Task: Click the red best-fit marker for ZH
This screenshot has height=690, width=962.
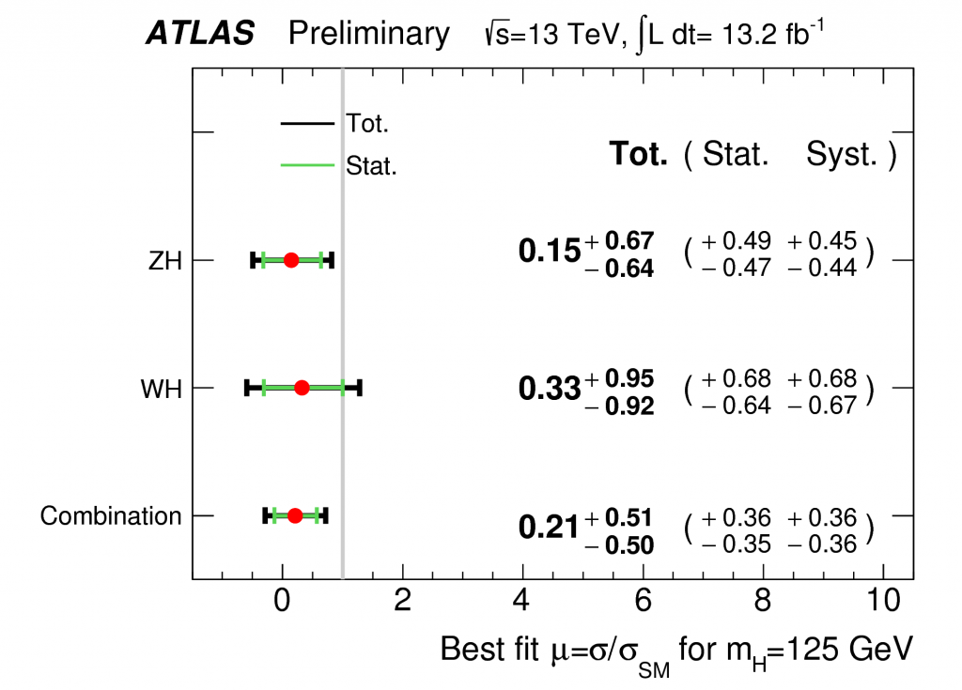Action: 291,260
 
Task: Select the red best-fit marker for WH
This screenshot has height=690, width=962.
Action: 302,388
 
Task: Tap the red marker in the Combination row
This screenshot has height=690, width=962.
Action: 295,515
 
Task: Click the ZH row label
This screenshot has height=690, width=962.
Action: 165,260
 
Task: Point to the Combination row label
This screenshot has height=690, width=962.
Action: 111,516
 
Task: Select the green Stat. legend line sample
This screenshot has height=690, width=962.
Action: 307,165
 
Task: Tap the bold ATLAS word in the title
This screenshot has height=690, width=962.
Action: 200,34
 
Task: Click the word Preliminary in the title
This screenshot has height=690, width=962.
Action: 369,34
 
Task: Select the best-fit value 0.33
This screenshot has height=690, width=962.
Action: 550,388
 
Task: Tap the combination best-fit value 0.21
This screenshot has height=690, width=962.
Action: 550,528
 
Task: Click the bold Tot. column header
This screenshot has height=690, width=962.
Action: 639,154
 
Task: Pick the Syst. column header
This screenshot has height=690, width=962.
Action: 843,154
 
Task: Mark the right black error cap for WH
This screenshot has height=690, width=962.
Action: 360,388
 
